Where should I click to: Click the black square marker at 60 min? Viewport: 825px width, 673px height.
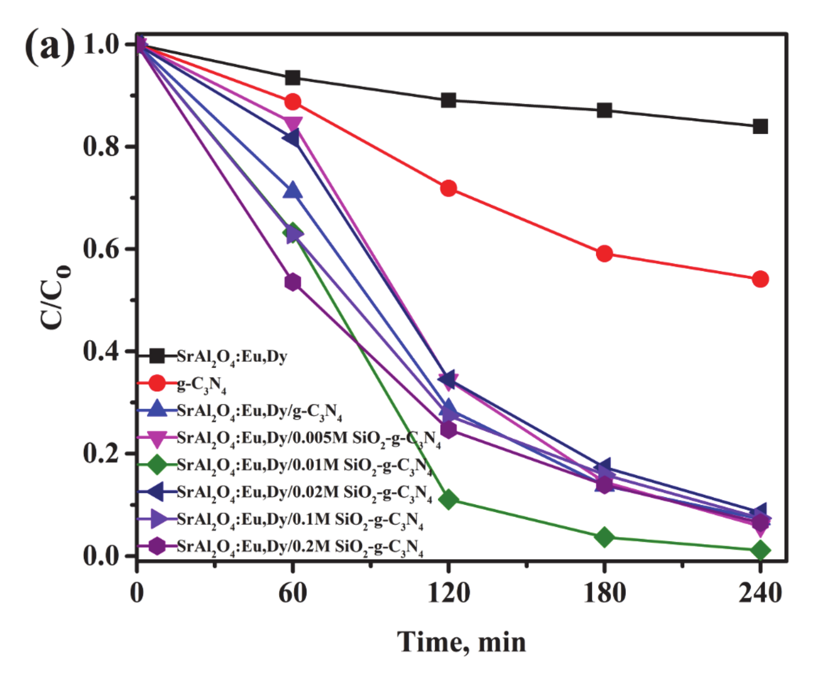[x=293, y=78]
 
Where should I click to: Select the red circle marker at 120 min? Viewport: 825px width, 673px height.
[x=448, y=188]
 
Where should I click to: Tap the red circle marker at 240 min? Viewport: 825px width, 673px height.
[x=760, y=279]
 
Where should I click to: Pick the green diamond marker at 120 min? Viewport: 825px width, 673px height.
[x=448, y=500]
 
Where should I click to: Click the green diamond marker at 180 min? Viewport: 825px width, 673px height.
[x=604, y=537]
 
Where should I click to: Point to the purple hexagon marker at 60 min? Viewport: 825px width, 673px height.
[x=293, y=282]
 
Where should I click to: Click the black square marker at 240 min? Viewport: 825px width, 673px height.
[x=760, y=127]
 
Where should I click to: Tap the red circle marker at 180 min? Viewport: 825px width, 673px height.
[x=604, y=253]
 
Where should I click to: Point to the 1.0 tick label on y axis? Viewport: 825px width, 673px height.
[x=101, y=44]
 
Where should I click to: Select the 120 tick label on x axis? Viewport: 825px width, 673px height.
[x=448, y=593]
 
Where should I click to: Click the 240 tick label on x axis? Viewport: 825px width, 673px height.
[x=760, y=593]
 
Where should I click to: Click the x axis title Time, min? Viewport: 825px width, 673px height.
[x=461, y=642]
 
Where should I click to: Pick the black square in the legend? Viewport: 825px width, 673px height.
[x=157, y=356]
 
